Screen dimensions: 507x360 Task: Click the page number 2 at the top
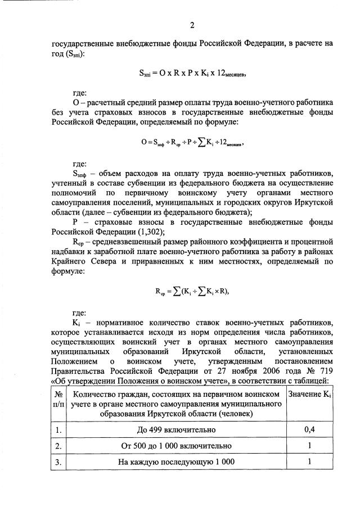click(191, 25)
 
